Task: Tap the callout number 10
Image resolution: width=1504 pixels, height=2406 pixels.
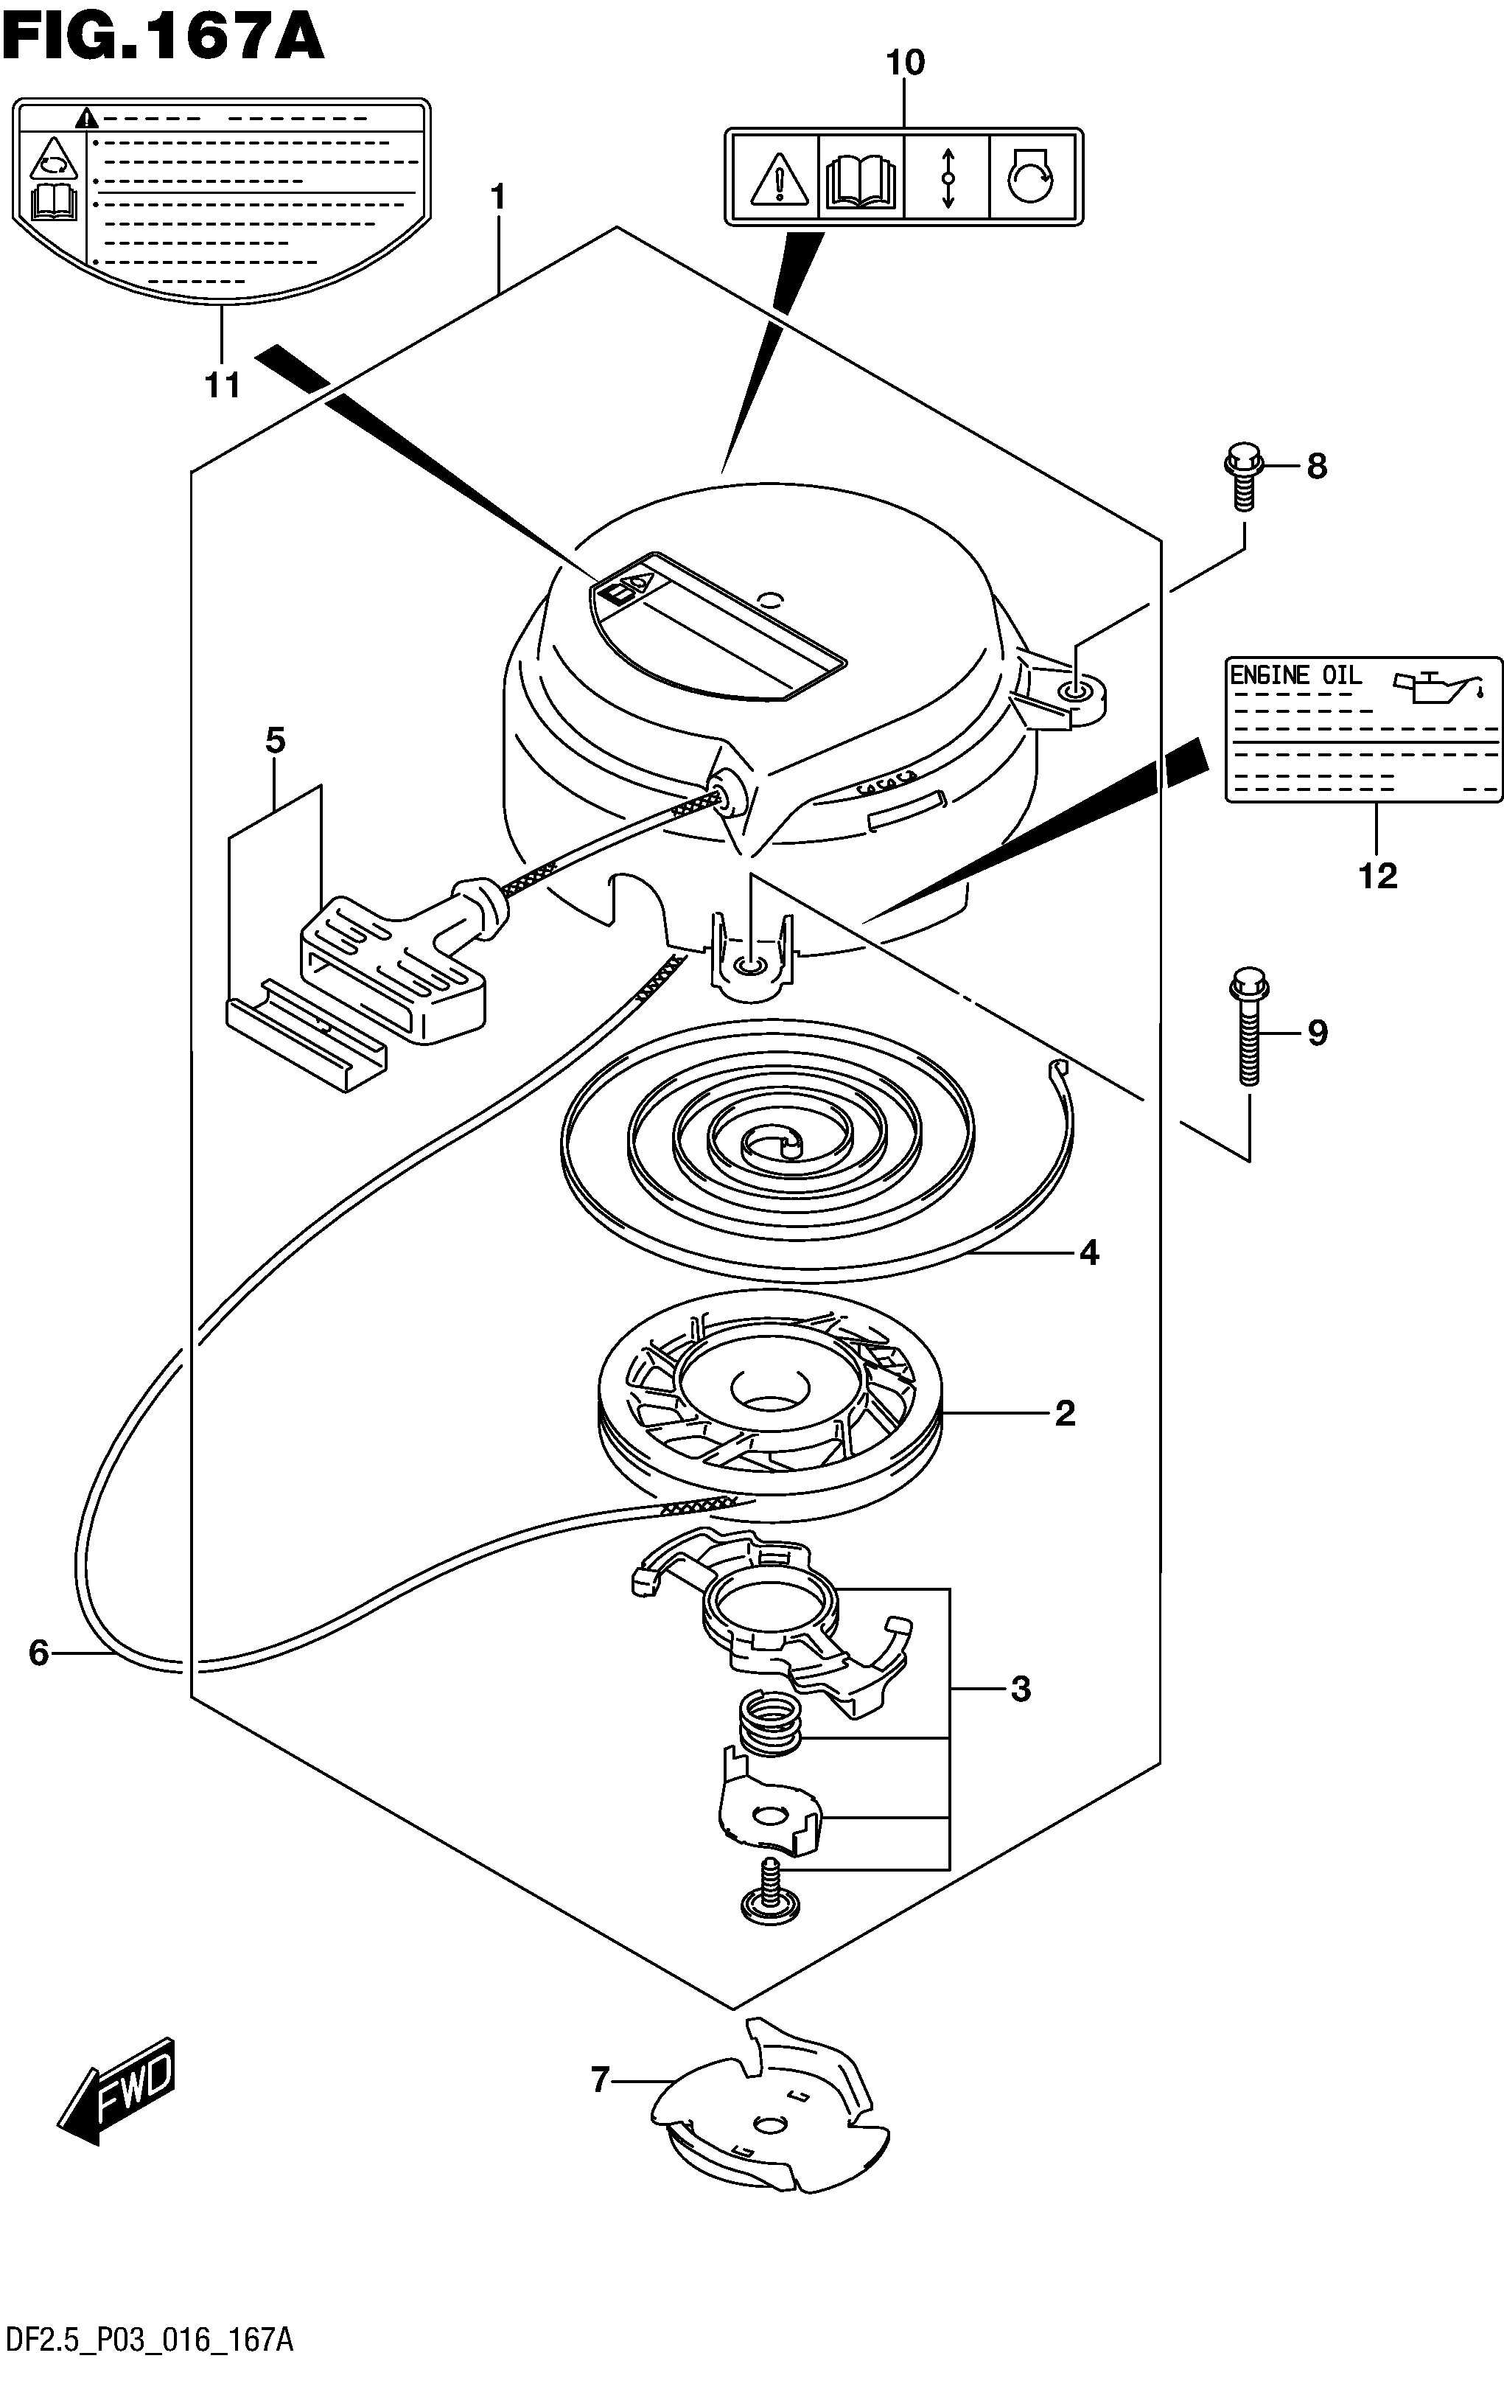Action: [x=905, y=63]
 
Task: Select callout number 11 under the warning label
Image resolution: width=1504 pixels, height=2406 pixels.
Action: [x=223, y=384]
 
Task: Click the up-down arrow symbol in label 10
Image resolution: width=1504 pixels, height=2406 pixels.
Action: [x=948, y=177]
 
